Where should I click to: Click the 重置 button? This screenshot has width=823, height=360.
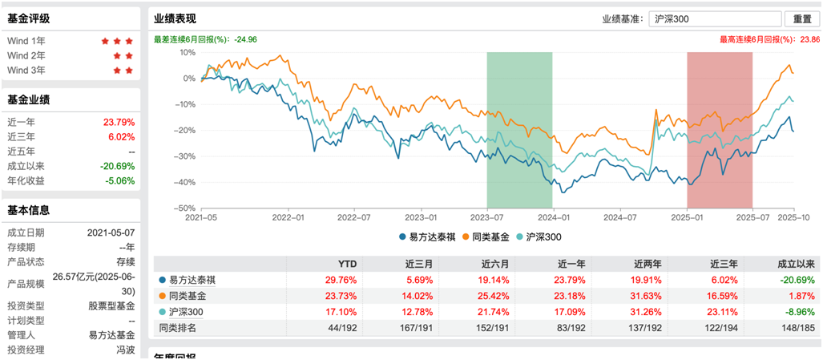click(802, 19)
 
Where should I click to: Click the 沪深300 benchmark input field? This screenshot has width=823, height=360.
click(714, 19)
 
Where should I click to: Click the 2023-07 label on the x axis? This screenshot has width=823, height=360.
click(486, 217)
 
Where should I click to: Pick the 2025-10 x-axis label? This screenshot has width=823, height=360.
click(792, 217)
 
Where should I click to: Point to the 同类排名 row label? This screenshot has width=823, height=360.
click(177, 328)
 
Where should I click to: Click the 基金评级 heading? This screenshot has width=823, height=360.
click(28, 18)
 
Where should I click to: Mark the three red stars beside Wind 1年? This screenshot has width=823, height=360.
click(117, 41)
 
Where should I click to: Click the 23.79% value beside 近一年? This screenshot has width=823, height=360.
click(119, 123)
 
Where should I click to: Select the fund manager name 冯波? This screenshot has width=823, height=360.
click(123, 350)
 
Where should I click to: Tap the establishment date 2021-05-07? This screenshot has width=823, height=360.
click(111, 233)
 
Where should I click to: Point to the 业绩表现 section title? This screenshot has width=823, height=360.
click(175, 18)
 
